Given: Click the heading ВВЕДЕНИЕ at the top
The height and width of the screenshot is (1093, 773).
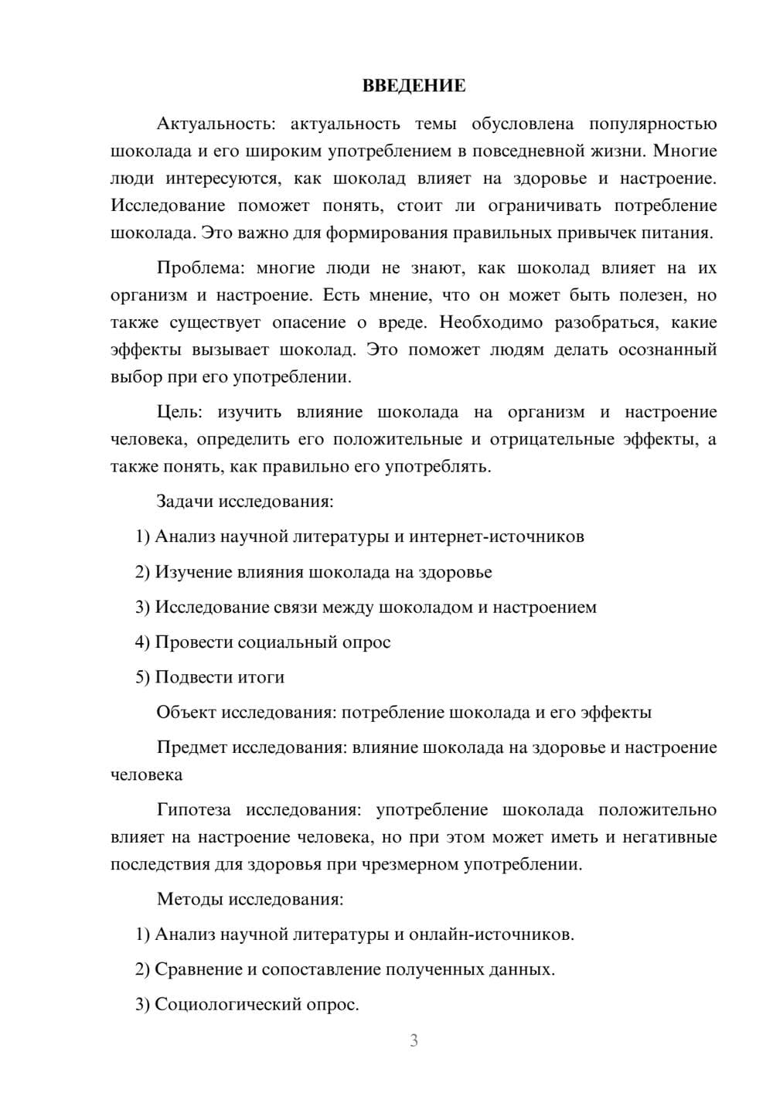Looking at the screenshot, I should tap(414, 86).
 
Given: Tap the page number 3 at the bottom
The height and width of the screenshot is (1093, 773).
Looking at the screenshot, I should tap(414, 1040).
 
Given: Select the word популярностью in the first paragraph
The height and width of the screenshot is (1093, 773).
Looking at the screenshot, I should tap(652, 124).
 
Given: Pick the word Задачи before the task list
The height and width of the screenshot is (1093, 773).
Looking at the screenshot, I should tap(185, 501).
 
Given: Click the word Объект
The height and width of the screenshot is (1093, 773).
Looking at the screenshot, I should tap(186, 712).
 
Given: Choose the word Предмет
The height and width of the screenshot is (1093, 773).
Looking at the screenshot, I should tap(192, 747).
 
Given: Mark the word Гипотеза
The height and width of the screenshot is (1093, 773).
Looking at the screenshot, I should tap(194, 810).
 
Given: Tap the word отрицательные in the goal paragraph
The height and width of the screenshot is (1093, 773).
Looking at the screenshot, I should tap(560, 439).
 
